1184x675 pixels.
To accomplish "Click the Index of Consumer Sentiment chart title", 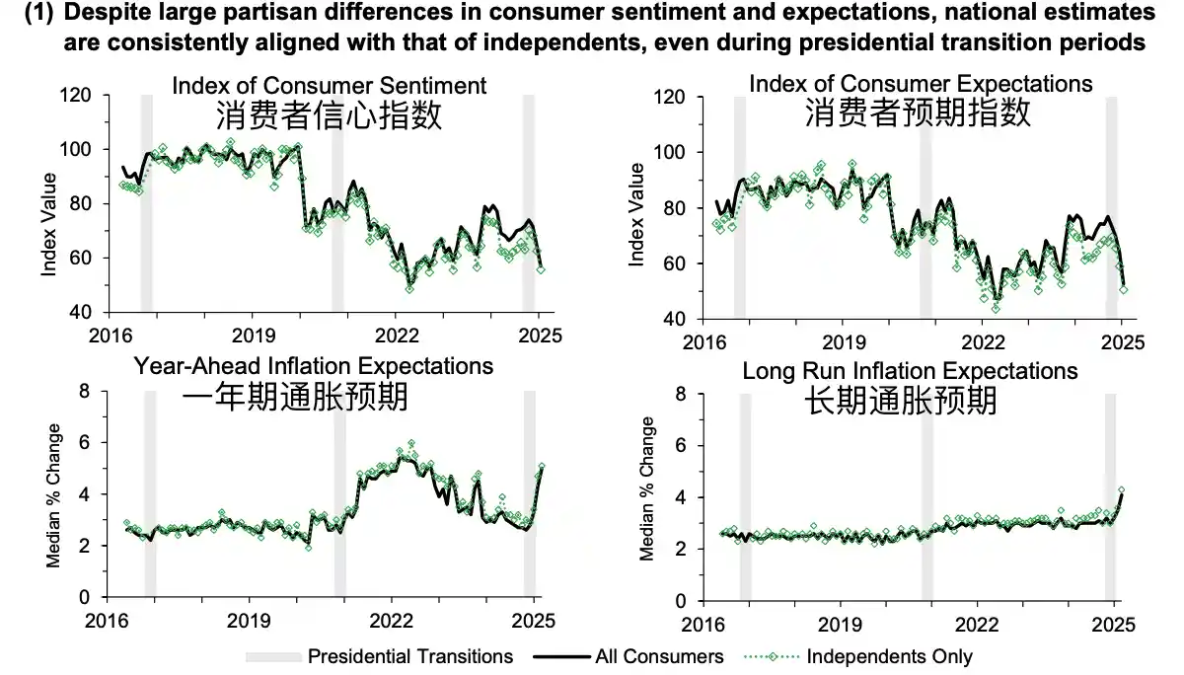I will pos(329,84).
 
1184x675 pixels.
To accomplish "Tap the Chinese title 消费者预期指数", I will pos(918,113).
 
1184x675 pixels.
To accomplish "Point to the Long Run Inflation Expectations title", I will pos(910,371).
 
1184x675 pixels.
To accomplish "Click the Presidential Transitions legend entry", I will pos(410,656).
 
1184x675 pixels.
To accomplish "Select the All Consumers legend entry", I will pos(659,656).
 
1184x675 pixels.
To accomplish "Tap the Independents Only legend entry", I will pos(889,656).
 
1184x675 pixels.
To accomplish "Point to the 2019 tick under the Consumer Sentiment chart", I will pos(253,334).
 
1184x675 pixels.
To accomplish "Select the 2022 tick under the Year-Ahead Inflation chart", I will pos(392,622).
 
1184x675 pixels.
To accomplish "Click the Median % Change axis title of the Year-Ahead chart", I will pos(54,495).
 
